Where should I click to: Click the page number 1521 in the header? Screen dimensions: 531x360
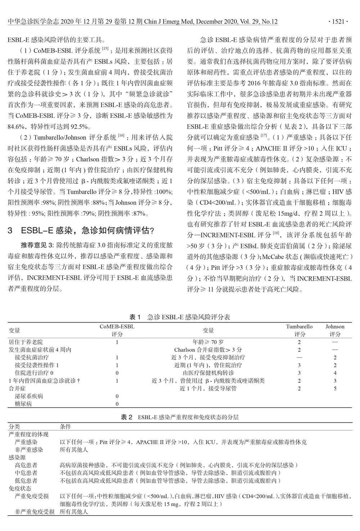[x=339, y=22]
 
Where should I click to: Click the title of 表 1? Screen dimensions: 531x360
[x=180, y=317]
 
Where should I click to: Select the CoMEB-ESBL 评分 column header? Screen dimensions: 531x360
[x=117, y=330]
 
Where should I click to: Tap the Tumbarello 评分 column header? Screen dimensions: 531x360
[x=299, y=330]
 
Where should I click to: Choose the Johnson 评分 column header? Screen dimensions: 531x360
[x=335, y=330]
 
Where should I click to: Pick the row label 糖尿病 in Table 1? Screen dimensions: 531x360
[x=23, y=404]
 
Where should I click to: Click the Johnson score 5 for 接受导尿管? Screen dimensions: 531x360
[x=335, y=389]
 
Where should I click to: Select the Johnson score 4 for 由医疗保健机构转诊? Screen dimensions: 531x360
[x=335, y=373]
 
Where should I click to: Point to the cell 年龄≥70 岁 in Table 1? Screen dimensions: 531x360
[x=208, y=342]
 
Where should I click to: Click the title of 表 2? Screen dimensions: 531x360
[x=180, y=417]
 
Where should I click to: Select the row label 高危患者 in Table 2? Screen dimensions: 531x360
[x=26, y=465]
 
